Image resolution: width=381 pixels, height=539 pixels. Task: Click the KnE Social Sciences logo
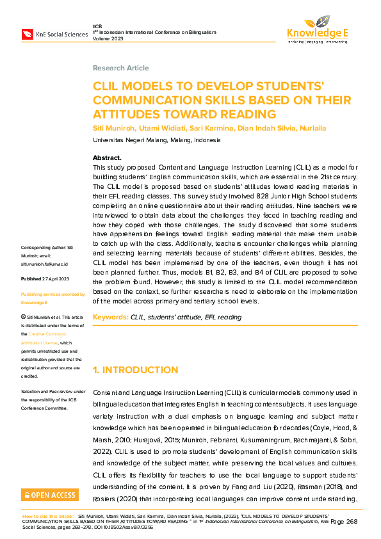click(x=54, y=34)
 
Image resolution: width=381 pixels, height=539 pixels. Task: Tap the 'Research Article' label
click(x=120, y=68)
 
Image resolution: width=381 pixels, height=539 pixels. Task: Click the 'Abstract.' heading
click(x=107, y=157)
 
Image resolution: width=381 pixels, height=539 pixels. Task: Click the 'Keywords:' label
click(x=111, y=318)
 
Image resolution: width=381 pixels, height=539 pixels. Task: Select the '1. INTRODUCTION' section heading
click(x=135, y=370)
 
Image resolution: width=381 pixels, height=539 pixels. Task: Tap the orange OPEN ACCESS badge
click(x=50, y=495)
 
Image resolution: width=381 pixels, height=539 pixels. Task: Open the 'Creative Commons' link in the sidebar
click(x=52, y=334)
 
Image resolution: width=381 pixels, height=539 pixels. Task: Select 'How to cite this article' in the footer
click(x=47, y=515)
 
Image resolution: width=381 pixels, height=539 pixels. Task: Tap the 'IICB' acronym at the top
click(x=98, y=25)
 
